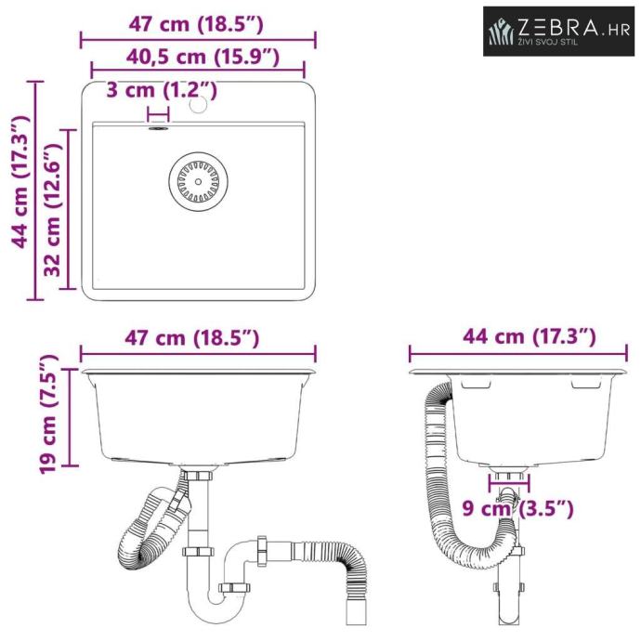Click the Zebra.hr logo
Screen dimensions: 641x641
[558, 31]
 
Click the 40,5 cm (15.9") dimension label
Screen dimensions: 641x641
[203, 57]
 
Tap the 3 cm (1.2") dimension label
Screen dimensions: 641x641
[162, 89]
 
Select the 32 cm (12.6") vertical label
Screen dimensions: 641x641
[52, 209]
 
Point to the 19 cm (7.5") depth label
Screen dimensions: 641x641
[48, 413]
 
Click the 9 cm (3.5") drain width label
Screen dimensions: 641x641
[518, 508]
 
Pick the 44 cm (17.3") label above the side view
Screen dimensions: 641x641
[529, 337]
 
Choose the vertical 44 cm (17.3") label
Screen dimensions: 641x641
[20, 182]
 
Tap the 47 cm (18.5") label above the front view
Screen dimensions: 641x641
[191, 338]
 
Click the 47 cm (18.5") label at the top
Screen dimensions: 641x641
[196, 24]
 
